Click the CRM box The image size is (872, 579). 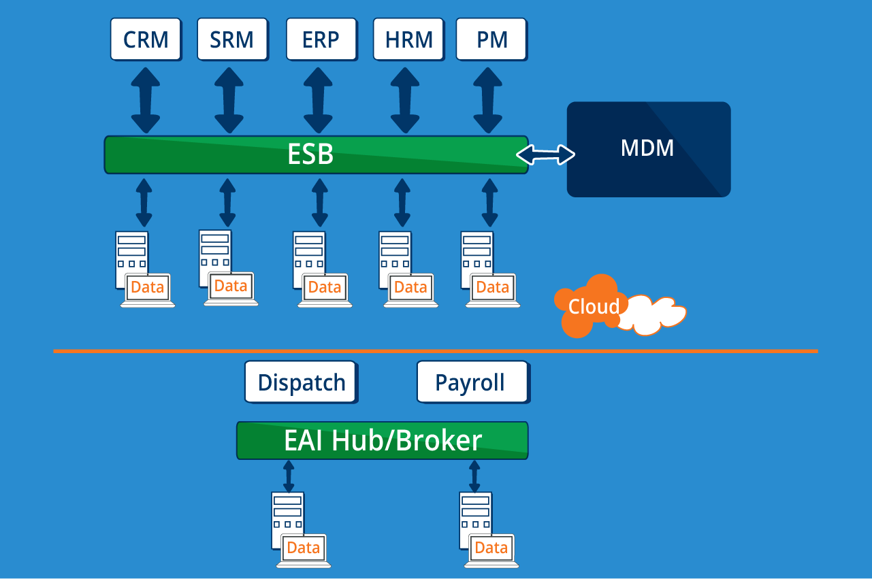(x=146, y=39)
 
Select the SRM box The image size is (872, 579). (x=231, y=39)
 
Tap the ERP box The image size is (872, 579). (x=321, y=39)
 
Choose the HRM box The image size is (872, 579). (x=408, y=39)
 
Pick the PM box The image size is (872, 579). (x=491, y=39)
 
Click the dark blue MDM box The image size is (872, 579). (x=648, y=149)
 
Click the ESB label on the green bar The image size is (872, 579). (x=310, y=154)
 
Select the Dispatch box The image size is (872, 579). (x=301, y=382)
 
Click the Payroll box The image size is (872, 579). (x=472, y=382)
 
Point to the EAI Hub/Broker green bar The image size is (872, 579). (x=383, y=441)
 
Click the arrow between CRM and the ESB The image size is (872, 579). (x=145, y=100)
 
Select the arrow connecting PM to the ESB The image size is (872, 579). (x=488, y=100)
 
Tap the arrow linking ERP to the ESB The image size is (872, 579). (x=318, y=100)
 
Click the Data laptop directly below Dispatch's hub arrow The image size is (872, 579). (x=304, y=549)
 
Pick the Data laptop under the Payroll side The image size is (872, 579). (x=491, y=549)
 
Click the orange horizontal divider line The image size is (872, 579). (x=436, y=351)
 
